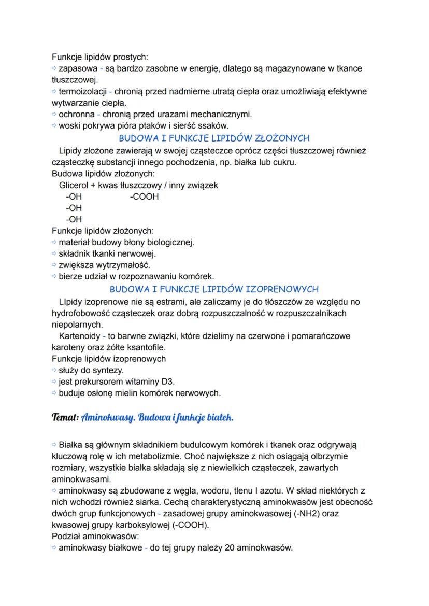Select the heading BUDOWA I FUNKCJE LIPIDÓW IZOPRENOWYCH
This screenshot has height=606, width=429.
pos(214,289)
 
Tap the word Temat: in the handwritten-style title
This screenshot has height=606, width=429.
pos(65,417)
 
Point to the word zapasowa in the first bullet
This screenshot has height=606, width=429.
pos(77,68)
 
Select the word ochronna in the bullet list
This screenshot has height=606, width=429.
pos(76,114)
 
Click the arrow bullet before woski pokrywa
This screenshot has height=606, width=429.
pos(54,125)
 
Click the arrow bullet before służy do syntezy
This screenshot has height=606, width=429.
pos(54,370)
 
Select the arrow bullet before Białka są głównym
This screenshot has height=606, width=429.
pos(54,445)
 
